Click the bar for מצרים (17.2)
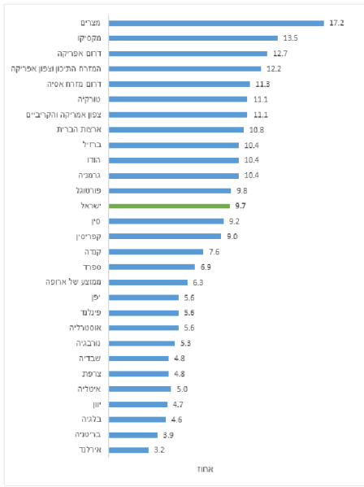(215, 23)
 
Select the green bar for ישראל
(166, 207)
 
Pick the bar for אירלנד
(128, 450)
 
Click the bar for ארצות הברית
(175, 129)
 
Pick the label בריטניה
(82, 435)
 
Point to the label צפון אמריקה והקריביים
(59, 115)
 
